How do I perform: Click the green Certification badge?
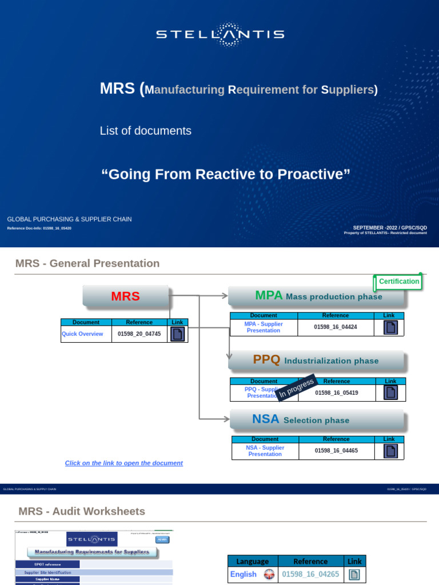tap(398, 282)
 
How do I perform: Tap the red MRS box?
tap(125, 296)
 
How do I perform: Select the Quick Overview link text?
tap(82, 334)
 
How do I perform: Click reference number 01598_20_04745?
tap(139, 334)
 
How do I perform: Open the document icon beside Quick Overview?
tap(177, 334)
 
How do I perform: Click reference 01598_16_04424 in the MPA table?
tap(335, 327)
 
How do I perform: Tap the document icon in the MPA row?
tap(390, 327)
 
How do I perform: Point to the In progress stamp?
tap(296, 388)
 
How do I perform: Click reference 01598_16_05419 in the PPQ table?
tap(337, 393)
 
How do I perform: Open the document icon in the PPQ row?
tap(390, 392)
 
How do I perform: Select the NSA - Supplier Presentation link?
tap(265, 451)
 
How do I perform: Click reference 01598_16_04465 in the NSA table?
tap(336, 451)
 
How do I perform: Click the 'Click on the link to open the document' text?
tap(124, 463)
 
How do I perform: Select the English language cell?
tap(244, 574)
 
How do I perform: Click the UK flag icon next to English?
tap(269, 575)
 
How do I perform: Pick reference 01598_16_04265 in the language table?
tap(310, 574)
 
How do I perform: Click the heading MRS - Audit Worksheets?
tap(82, 511)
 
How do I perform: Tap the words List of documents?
tap(145, 131)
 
